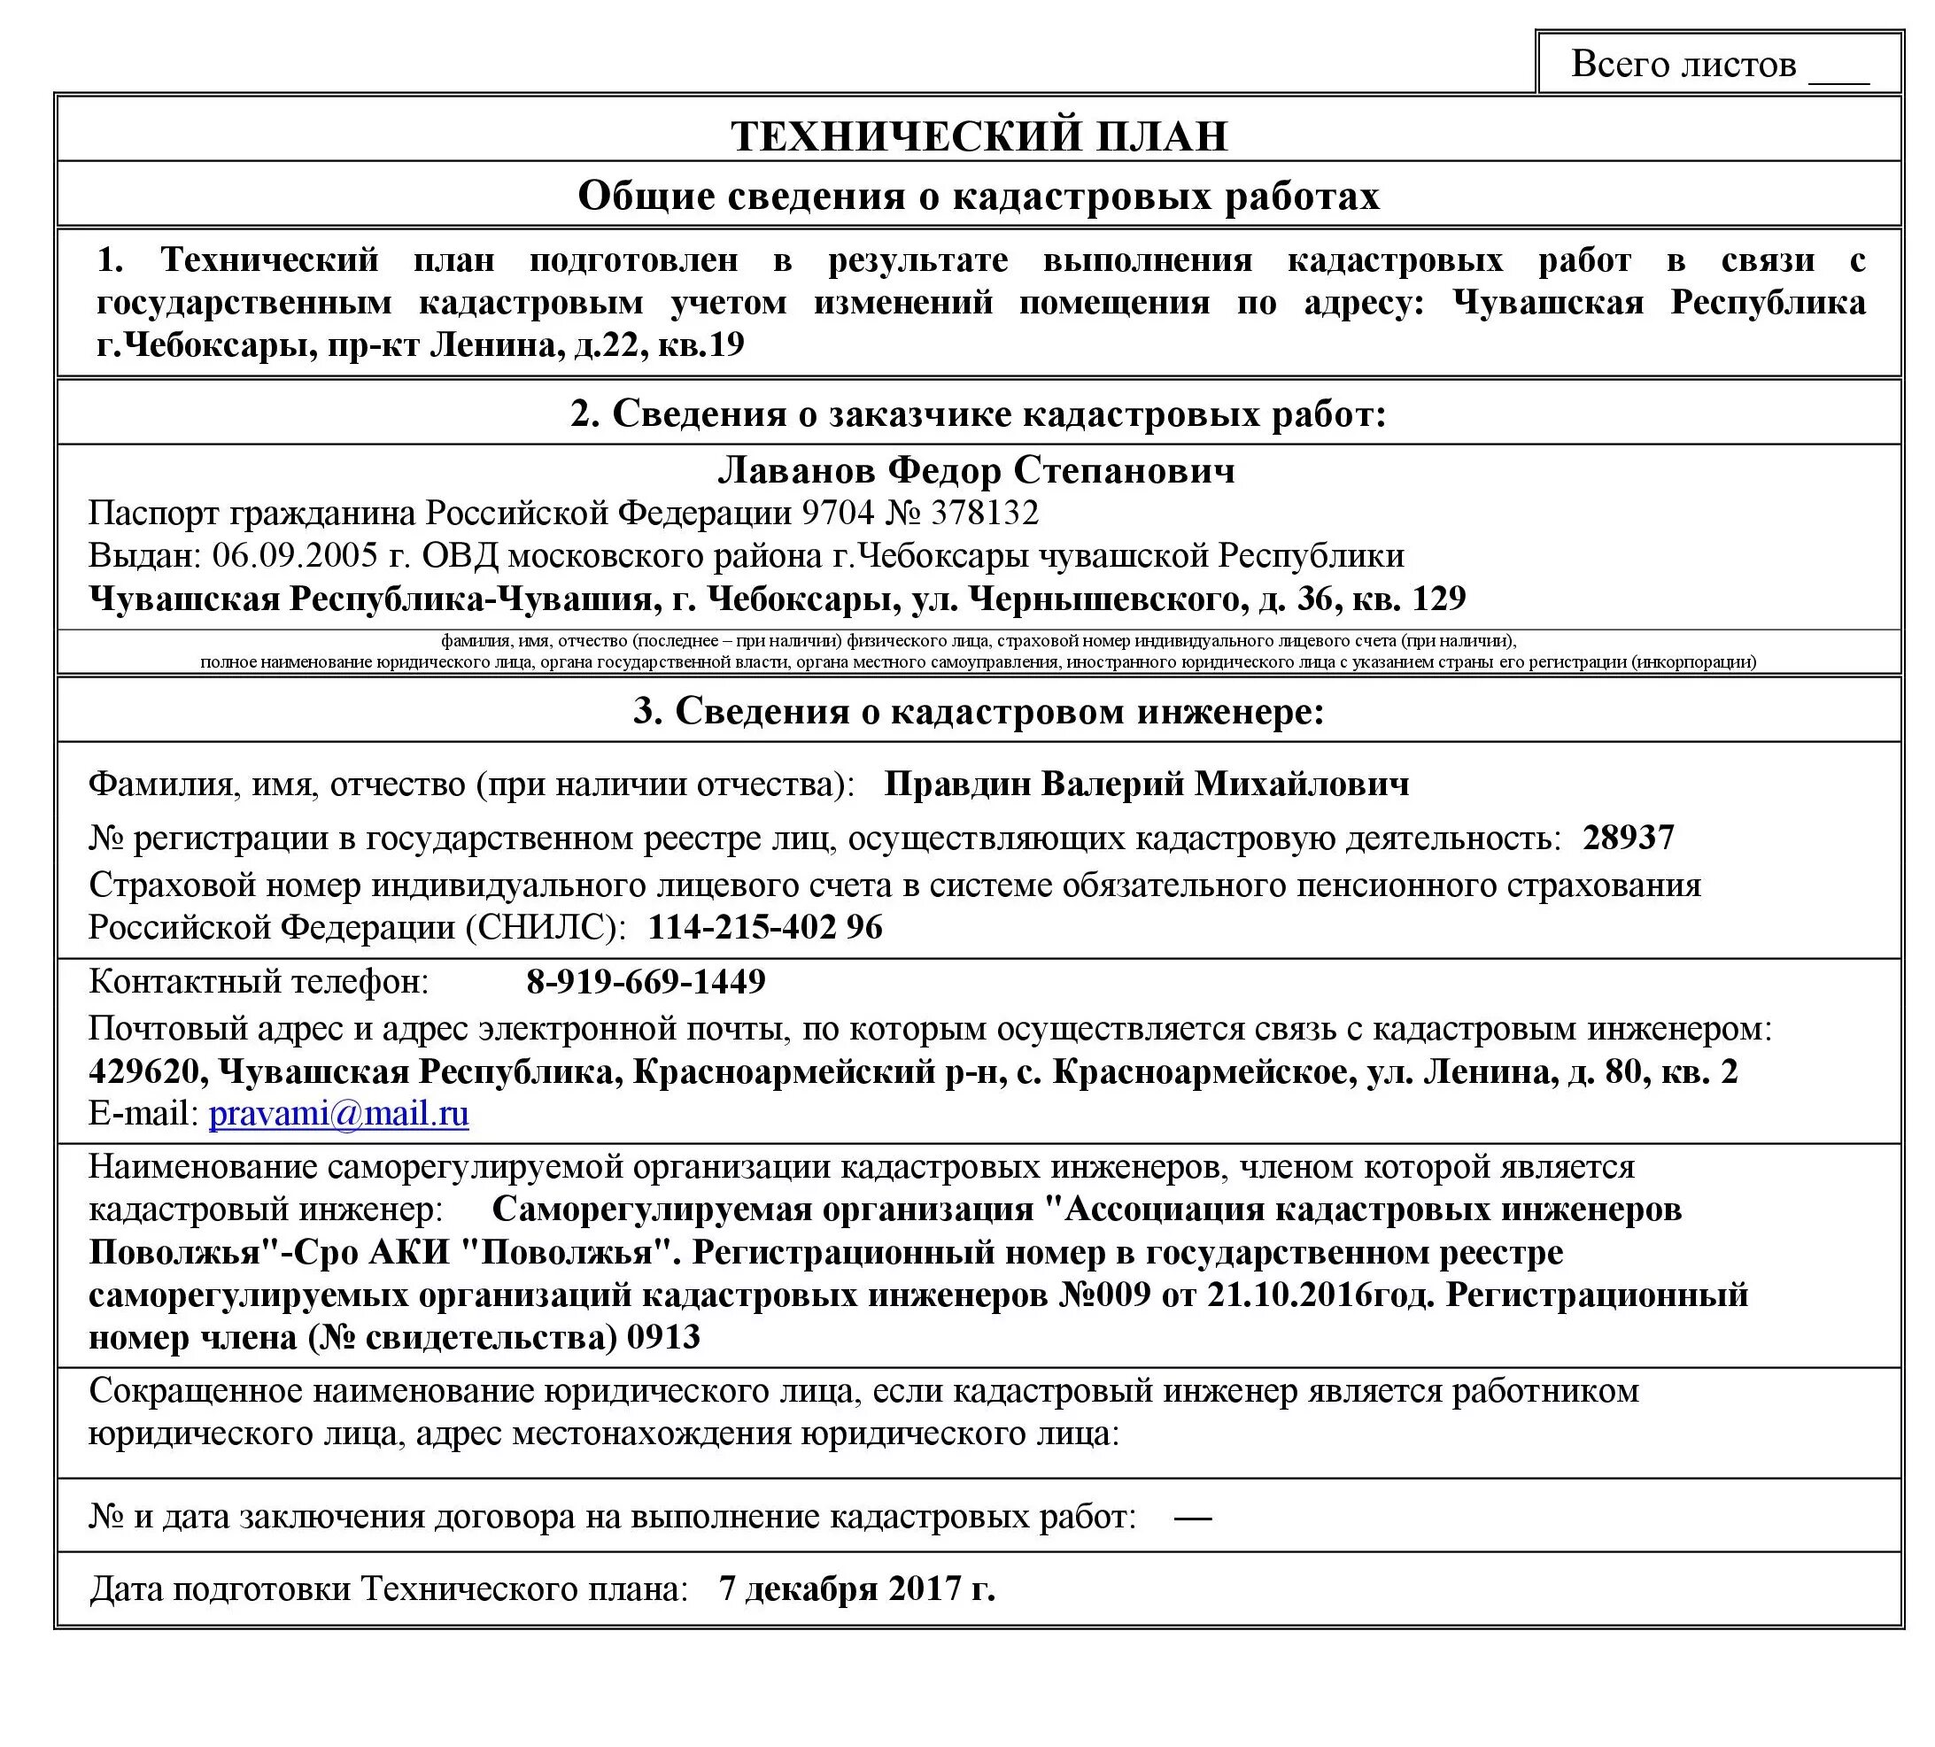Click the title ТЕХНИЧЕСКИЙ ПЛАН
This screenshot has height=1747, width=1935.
979,135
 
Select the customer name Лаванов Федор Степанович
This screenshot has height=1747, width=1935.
976,470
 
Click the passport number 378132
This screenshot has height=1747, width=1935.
985,513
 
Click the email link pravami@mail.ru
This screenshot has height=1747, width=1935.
339,1114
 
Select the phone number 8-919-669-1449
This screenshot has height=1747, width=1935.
646,981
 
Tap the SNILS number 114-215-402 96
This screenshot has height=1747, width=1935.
765,927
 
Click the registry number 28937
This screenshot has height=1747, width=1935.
1629,837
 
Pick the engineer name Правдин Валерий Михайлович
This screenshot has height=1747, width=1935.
1146,785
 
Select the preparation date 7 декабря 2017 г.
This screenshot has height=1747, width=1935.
856,1589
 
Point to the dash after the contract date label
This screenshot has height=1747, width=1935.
1192,1518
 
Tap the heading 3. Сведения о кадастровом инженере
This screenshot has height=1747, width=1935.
978,711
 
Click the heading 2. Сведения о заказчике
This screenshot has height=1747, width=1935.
978,414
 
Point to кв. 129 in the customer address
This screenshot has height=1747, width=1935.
1408,599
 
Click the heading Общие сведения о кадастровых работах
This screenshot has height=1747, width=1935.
978,196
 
